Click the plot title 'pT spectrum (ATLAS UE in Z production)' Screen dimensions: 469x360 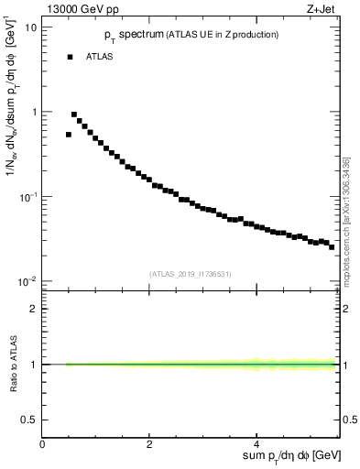[191, 34]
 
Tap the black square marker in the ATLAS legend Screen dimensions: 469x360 [69, 57]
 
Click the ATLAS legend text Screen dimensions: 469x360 [100, 57]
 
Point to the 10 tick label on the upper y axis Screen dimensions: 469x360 [30, 27]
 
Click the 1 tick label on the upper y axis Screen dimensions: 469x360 [34, 112]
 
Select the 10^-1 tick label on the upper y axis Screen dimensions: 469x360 [28, 196]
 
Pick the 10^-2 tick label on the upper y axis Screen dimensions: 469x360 [28, 280]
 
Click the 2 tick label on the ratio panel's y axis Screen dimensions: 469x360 [34, 309]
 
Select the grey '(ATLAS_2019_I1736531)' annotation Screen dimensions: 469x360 [191, 273]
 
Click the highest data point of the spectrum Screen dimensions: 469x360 [74, 115]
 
